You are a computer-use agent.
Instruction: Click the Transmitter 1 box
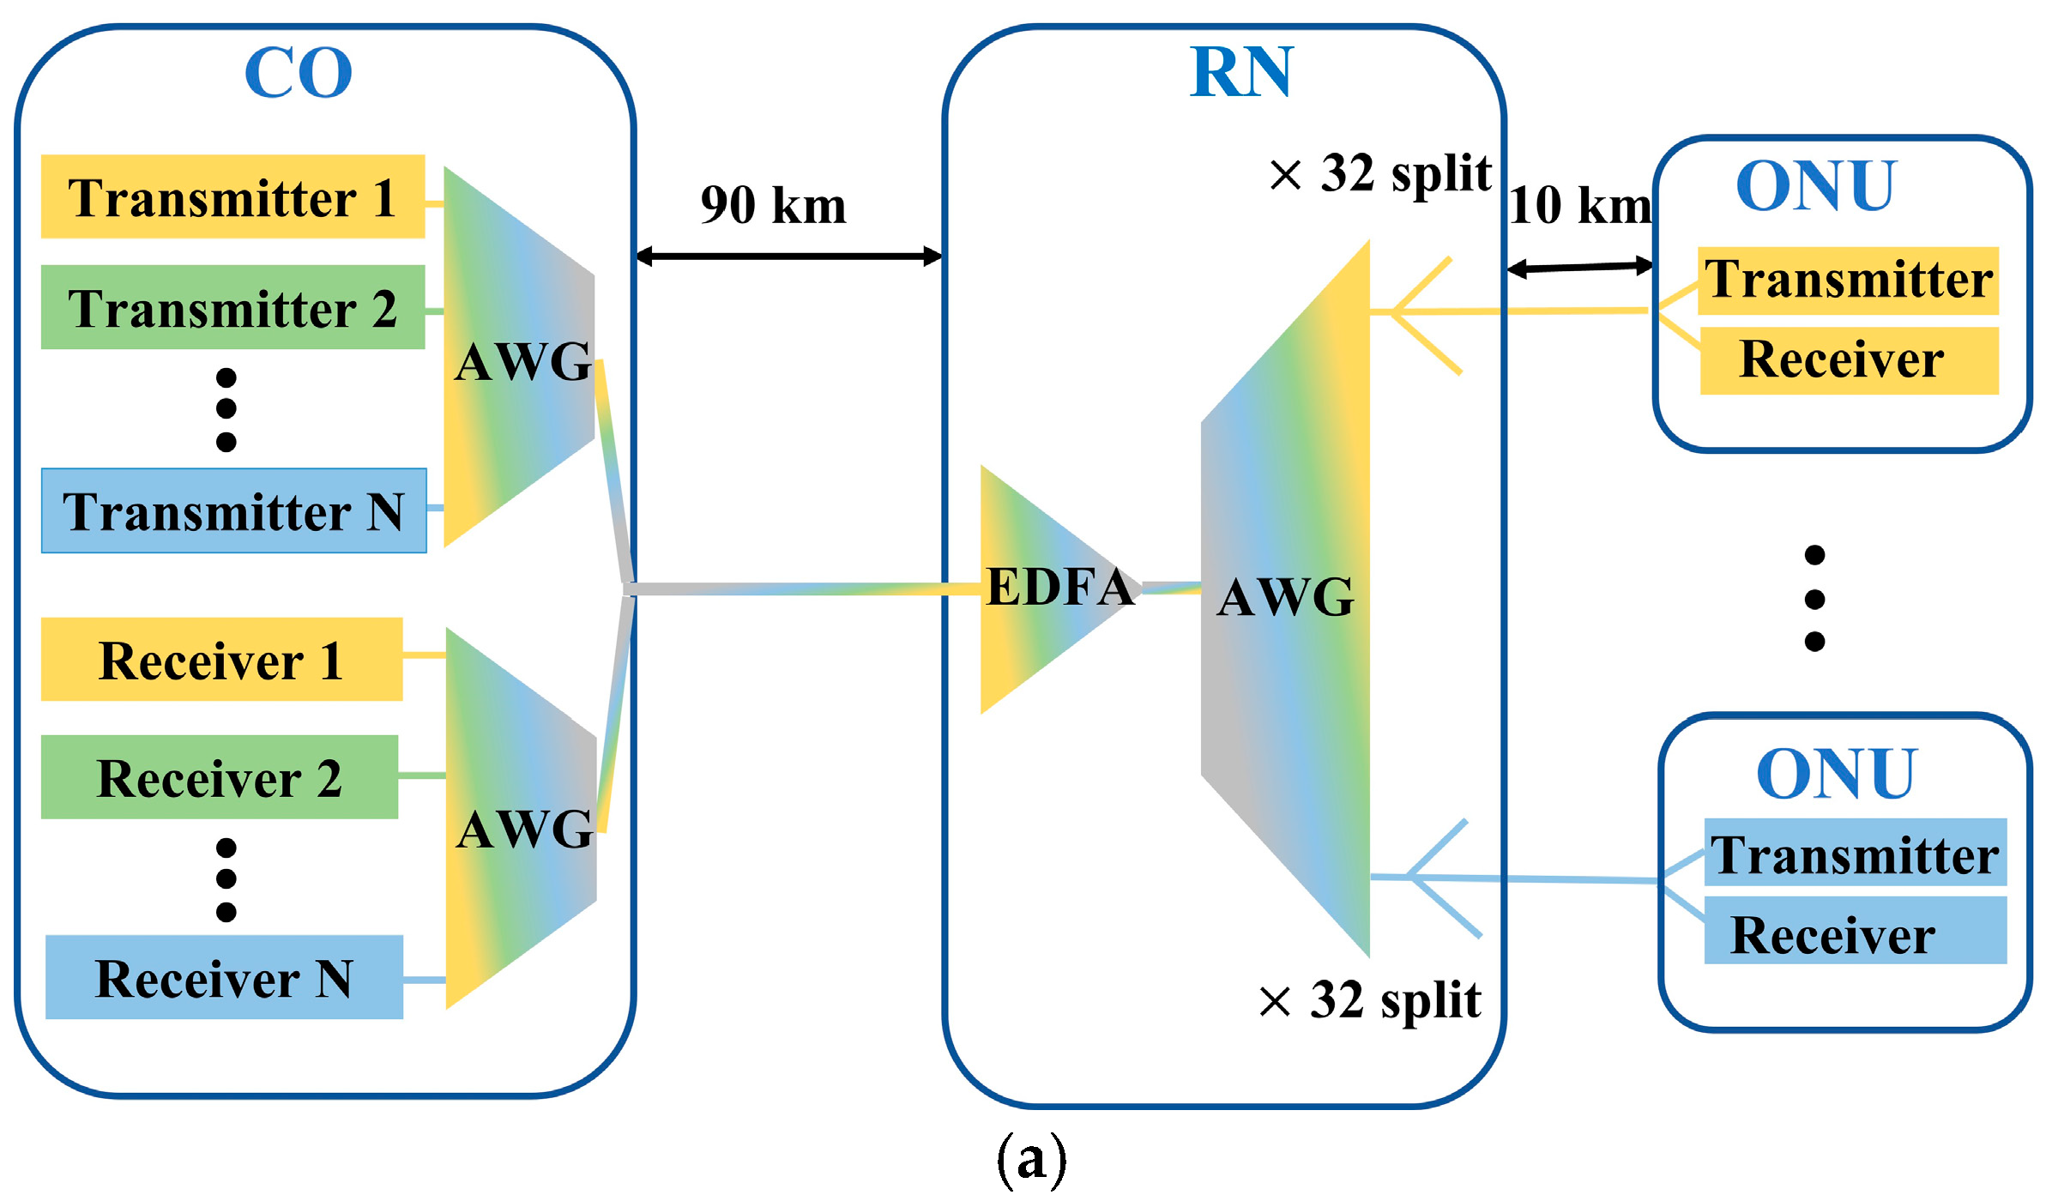tap(232, 196)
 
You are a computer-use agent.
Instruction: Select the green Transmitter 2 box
tap(232, 307)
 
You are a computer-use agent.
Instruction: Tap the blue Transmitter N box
tap(233, 510)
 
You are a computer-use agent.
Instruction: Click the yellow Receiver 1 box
tap(221, 659)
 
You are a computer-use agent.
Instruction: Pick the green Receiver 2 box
tap(219, 776)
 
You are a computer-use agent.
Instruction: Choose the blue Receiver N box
tap(224, 977)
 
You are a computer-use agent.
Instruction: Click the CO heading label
tap(298, 73)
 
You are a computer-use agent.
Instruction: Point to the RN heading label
tap(1240, 72)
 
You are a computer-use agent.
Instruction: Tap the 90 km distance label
tap(773, 205)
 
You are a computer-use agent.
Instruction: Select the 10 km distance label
tap(1579, 205)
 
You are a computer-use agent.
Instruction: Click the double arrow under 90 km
tap(789, 256)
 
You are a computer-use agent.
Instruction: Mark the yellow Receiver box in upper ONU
tap(1849, 360)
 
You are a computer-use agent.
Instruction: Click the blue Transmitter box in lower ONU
tap(1855, 853)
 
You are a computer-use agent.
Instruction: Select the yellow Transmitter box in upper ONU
tap(1848, 281)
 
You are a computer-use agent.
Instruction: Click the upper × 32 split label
tap(1380, 173)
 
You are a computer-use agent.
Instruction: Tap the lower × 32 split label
tap(1370, 999)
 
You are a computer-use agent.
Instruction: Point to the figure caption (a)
tap(1031, 1158)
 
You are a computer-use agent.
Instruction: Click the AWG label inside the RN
tap(1285, 596)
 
